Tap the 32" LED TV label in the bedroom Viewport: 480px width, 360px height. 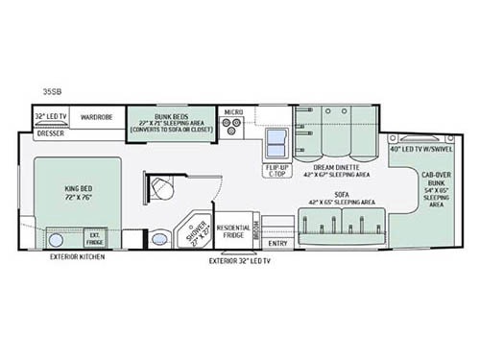coord(52,117)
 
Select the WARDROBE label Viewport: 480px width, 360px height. coord(97,117)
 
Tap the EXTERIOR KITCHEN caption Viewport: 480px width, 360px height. coord(79,257)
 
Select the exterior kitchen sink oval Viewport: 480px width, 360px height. coord(57,238)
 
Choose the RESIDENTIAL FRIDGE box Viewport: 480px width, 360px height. coord(233,231)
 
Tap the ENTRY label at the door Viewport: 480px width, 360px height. coord(277,243)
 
